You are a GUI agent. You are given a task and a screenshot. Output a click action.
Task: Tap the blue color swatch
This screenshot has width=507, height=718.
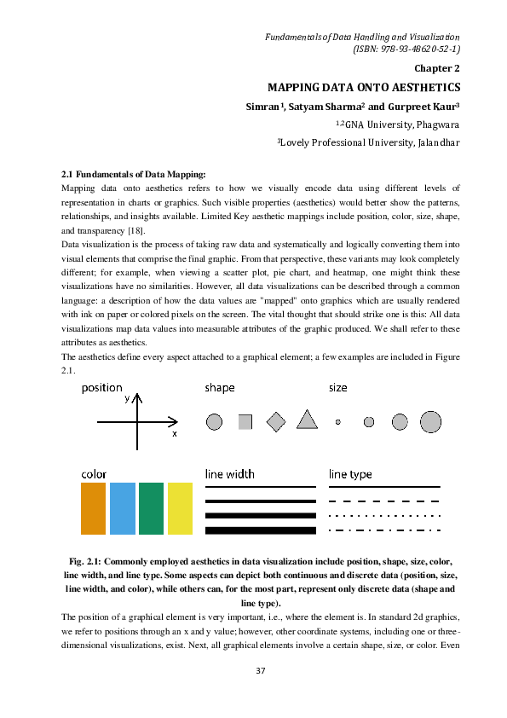click(123, 509)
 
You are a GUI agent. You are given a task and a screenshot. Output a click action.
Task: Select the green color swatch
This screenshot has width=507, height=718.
click(151, 509)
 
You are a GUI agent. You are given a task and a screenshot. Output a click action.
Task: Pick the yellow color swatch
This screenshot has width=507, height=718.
click(180, 509)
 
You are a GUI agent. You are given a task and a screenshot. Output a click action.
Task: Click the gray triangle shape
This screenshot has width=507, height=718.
click(307, 420)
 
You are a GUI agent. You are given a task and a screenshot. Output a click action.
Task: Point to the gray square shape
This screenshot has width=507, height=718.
click(245, 421)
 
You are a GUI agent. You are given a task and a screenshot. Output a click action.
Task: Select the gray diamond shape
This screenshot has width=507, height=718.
click(275, 421)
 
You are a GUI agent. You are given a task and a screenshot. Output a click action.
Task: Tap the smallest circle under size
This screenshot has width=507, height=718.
click(338, 422)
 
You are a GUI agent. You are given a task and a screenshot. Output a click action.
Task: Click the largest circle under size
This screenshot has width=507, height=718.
click(430, 421)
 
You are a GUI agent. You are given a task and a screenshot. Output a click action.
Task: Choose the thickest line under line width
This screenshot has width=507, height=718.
click(260, 530)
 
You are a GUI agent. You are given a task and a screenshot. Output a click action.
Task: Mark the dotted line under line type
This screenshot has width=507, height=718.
click(384, 516)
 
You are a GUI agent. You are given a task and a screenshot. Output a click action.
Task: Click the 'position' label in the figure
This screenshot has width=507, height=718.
click(101, 388)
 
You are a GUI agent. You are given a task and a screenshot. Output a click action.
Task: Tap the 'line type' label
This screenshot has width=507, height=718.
click(350, 474)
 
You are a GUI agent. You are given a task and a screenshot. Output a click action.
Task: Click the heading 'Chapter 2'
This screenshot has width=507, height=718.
click(437, 68)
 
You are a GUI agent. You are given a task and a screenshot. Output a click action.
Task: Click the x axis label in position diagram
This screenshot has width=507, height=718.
click(175, 433)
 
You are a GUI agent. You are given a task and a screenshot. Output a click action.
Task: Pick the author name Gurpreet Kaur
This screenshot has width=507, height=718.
click(420, 107)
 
